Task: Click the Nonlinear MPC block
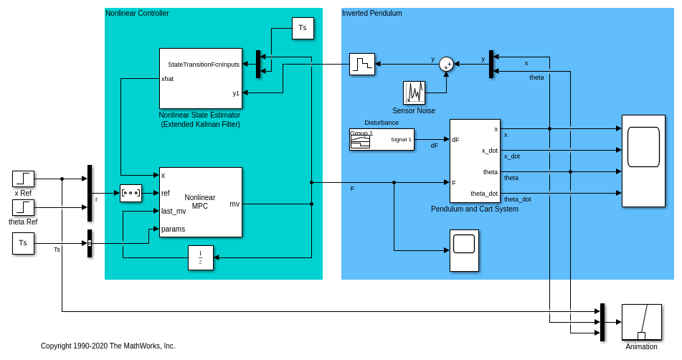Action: (x=200, y=202)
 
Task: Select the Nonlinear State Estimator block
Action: (x=200, y=78)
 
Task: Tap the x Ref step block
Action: (x=23, y=179)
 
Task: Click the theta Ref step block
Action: (x=23, y=207)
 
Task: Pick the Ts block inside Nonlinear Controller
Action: (x=303, y=28)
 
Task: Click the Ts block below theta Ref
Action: (x=23, y=243)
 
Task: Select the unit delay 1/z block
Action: (x=200, y=257)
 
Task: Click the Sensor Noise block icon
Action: (x=414, y=93)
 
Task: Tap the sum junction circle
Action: (x=446, y=65)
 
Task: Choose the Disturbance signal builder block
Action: (x=382, y=139)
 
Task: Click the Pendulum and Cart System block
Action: (x=475, y=161)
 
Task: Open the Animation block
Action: (x=641, y=322)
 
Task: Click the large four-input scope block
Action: (x=643, y=161)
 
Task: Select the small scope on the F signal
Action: (x=464, y=250)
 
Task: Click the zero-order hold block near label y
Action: (x=362, y=64)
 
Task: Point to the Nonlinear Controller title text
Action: (x=137, y=13)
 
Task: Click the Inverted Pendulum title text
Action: (x=371, y=13)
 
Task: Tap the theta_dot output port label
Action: (x=484, y=194)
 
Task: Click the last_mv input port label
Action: (x=174, y=211)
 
